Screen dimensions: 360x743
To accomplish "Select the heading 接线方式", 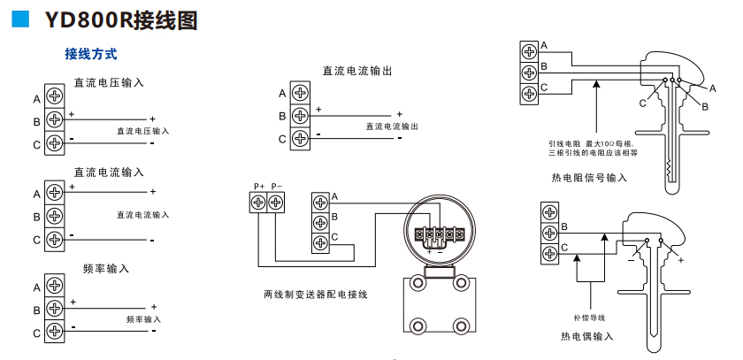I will [90, 54].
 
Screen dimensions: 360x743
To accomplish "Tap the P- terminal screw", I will [276, 203].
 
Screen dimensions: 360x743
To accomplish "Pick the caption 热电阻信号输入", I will [588, 178].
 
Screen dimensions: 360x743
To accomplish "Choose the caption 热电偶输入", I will [586, 336].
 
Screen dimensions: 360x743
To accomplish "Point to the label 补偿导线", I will [588, 317].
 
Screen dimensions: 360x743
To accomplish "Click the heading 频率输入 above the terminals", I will [106, 267].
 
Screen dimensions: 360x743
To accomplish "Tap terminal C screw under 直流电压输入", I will [54, 143].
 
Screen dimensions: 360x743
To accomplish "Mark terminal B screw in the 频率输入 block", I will [54, 310].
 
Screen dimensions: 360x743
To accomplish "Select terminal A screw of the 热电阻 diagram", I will [529, 51].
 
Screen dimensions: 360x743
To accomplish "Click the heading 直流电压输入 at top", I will [108, 82].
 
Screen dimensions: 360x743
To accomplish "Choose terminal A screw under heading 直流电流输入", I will [54, 192].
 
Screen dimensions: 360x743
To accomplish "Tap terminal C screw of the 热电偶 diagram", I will [550, 254].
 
